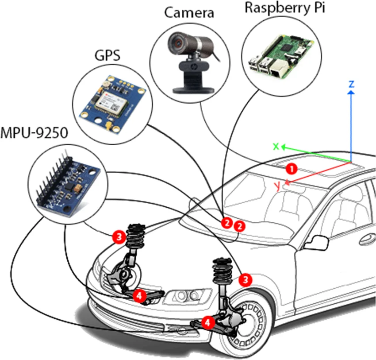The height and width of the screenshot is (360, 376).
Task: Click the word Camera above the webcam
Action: pos(189,12)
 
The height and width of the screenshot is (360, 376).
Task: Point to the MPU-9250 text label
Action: pos(35,132)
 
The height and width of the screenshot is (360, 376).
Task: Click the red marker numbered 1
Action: pos(291,168)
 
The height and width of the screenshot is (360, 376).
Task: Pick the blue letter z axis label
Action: pos(351,84)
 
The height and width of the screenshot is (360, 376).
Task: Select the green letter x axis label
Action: pos(276,146)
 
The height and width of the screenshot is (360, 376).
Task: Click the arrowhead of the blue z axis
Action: pos(351,93)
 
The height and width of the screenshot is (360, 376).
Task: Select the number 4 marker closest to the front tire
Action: pos(207,322)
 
